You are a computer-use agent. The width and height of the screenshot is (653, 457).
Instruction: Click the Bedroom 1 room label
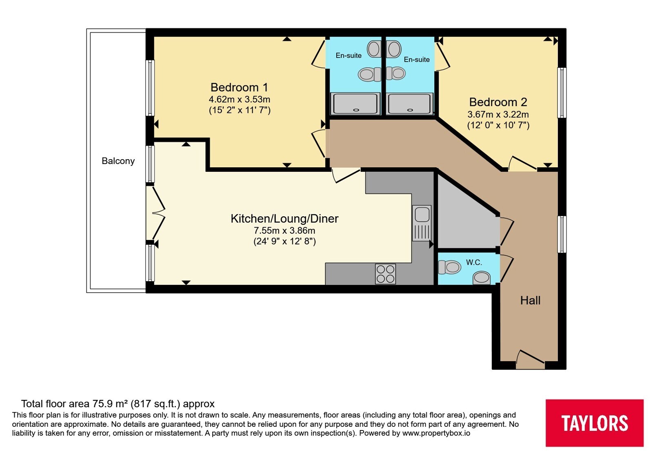click(239, 87)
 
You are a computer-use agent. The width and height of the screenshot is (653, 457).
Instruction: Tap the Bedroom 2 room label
click(498, 102)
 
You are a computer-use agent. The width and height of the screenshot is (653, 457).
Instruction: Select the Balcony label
click(118, 161)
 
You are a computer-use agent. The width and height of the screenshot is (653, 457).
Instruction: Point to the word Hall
click(530, 300)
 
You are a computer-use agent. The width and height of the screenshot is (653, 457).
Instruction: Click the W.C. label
click(474, 263)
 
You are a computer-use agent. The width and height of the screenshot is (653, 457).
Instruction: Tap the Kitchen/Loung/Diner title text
click(284, 219)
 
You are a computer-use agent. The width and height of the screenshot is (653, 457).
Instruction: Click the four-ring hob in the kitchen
click(385, 274)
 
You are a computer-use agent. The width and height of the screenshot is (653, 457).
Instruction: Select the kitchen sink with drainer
click(422, 223)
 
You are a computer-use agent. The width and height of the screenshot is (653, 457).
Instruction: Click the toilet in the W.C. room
click(449, 267)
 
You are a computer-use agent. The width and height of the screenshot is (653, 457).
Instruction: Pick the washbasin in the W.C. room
click(481, 278)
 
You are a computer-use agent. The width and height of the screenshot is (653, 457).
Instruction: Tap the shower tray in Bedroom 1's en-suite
click(355, 104)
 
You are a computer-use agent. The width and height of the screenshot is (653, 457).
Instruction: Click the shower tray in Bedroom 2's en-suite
click(410, 104)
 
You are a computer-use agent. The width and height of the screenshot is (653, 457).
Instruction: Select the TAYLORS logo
click(594, 423)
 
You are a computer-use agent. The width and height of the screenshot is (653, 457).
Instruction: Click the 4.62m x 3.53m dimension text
click(239, 100)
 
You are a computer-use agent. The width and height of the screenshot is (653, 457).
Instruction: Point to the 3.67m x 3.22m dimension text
click(498, 114)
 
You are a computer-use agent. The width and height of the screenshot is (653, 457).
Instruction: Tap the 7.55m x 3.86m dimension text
click(284, 231)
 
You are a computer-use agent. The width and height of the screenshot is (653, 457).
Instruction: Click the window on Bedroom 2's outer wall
click(562, 93)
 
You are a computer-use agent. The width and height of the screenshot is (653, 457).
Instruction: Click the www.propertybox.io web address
click(436, 433)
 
